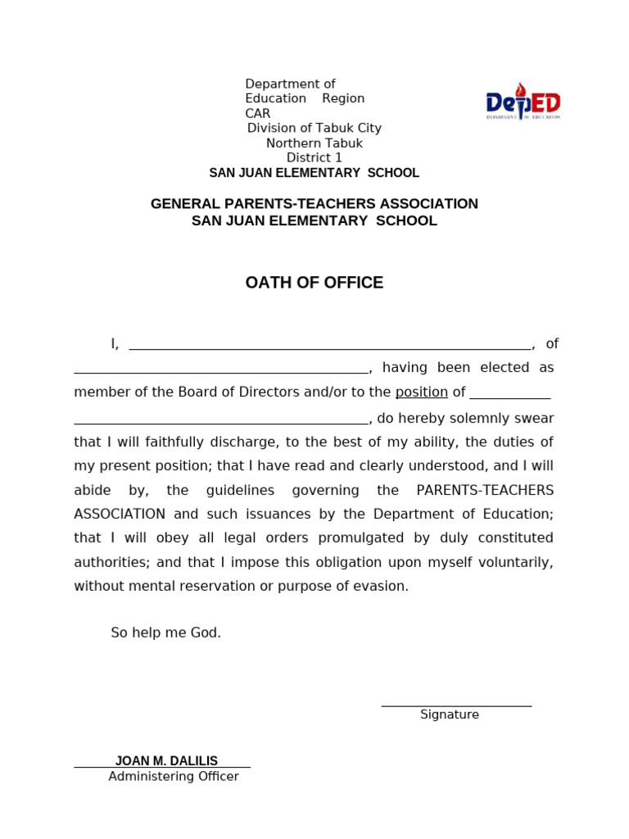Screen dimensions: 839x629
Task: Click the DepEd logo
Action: click(x=523, y=102)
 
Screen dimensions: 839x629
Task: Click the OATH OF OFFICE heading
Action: click(x=314, y=283)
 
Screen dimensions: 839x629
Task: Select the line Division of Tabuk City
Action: click(x=314, y=129)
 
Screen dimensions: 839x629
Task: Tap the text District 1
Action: click(x=314, y=158)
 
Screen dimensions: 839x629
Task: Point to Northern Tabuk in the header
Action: click(x=314, y=143)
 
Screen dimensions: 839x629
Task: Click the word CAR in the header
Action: click(x=257, y=114)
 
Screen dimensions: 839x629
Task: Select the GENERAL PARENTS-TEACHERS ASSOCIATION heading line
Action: click(x=314, y=204)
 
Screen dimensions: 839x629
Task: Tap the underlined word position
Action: click(x=421, y=392)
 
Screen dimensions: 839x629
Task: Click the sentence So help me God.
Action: click(x=165, y=633)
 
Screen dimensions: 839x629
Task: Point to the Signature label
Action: click(x=449, y=715)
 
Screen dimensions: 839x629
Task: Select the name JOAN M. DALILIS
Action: click(x=166, y=761)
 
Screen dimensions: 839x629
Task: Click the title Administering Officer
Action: click(x=174, y=777)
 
